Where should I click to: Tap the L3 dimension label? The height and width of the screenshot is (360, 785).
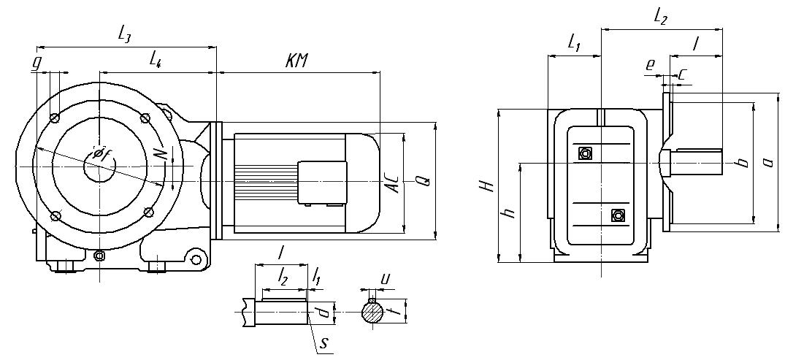point(124,33)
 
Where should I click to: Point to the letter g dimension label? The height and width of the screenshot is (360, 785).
point(36,63)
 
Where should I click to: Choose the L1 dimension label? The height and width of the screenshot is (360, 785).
point(574,44)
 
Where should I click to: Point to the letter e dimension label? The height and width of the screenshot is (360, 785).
point(650,64)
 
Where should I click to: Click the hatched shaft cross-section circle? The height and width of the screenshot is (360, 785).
point(373,313)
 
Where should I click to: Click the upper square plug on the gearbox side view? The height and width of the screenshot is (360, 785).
point(584,153)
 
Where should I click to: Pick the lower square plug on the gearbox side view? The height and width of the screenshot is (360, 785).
point(619,215)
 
